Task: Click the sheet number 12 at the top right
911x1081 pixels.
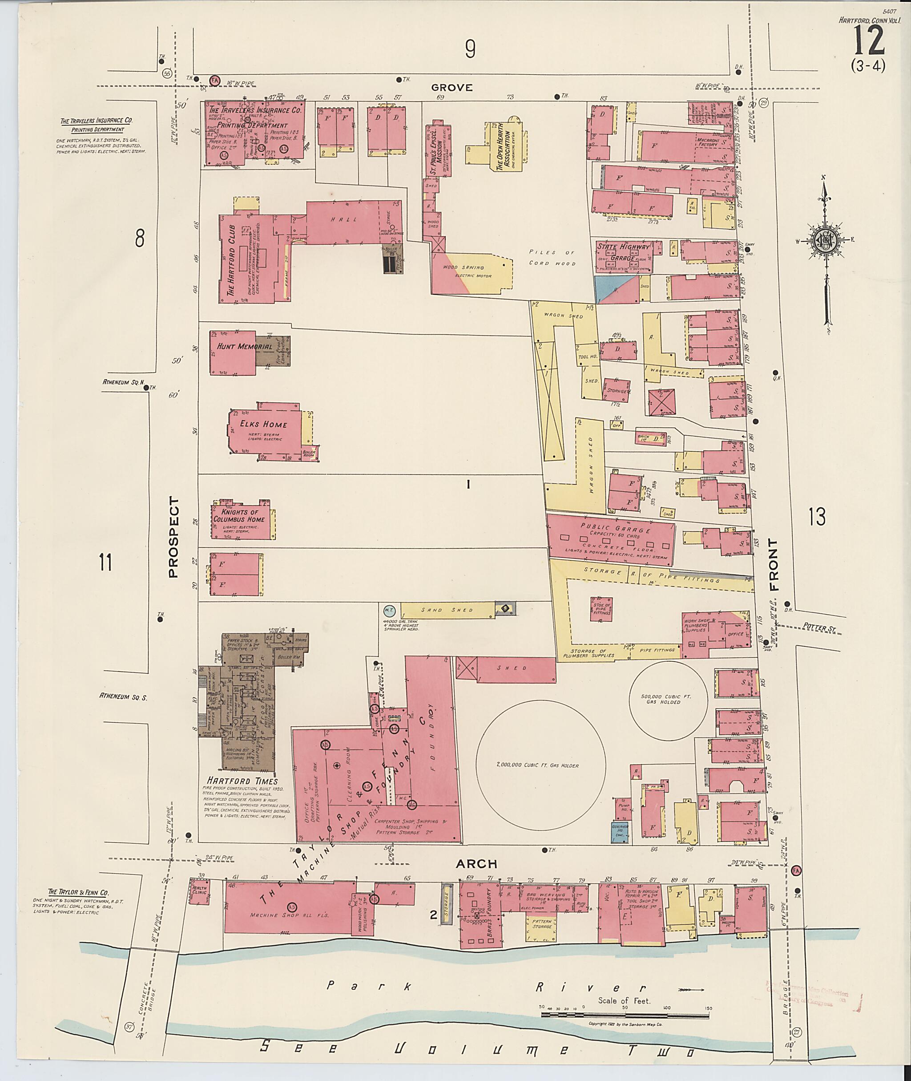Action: click(869, 41)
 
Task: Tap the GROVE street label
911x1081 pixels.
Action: click(452, 88)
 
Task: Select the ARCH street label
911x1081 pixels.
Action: click(476, 863)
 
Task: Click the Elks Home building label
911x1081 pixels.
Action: click(263, 424)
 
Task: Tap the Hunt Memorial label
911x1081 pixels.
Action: click(244, 346)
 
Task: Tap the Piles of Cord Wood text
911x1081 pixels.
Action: click(552, 257)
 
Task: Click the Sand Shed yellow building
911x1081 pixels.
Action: click(447, 610)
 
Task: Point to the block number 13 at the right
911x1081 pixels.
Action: click(817, 517)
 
